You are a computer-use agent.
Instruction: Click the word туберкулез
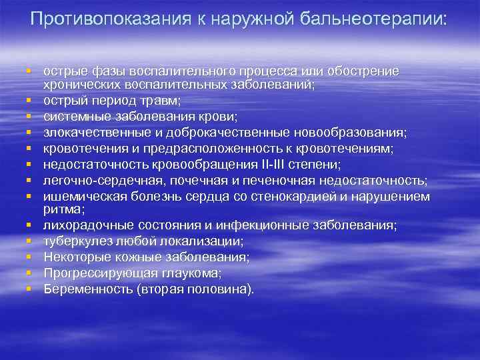click(74, 240)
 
